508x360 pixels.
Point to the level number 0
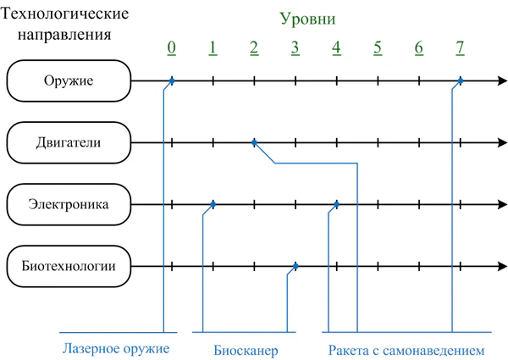point(172,47)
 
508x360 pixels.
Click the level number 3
point(295,47)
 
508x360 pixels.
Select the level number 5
point(378,47)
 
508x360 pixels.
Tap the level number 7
point(460,47)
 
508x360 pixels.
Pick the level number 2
point(254,47)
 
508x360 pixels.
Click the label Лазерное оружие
point(117,348)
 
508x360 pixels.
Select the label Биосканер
point(246,348)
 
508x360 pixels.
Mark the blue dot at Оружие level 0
point(172,81)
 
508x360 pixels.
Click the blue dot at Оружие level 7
point(460,81)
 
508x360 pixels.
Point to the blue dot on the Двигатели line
point(254,142)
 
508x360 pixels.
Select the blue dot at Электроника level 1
point(213,204)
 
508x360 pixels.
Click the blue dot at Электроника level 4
point(337,204)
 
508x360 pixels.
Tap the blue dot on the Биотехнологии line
point(295,267)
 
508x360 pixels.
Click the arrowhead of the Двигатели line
point(500,142)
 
